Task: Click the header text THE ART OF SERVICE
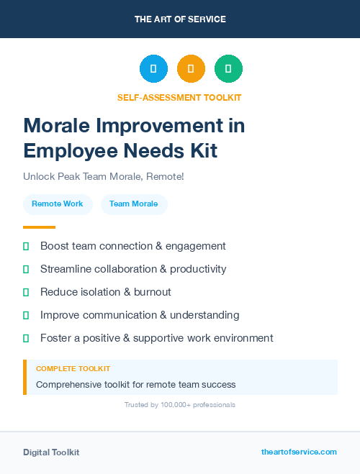click(x=180, y=19)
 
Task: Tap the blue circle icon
click(x=153, y=69)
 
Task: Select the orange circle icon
click(x=191, y=69)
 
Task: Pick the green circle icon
click(x=228, y=69)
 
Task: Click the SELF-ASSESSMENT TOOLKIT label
click(x=179, y=97)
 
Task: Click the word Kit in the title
click(x=201, y=151)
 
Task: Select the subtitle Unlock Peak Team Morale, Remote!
click(x=103, y=176)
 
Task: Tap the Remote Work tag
click(x=58, y=204)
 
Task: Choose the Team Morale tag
click(x=134, y=204)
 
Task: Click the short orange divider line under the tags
click(x=39, y=227)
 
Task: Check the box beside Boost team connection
click(x=26, y=246)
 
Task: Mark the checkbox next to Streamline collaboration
click(x=26, y=269)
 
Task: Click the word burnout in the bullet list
click(x=152, y=292)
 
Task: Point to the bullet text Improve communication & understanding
click(x=140, y=315)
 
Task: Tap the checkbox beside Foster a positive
click(x=26, y=338)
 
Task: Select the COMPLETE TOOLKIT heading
click(x=73, y=369)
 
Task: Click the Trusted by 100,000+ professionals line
click(x=180, y=405)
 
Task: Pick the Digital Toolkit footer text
click(x=51, y=452)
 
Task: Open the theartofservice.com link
click(x=299, y=452)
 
